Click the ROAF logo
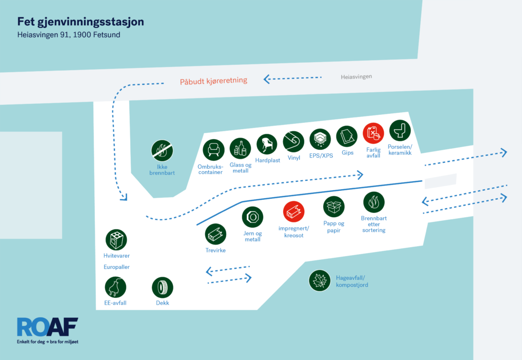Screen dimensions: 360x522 [47, 327]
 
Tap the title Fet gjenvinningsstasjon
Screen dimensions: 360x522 [81, 22]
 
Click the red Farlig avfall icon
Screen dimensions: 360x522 [373, 133]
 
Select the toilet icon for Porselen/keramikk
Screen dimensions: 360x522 [400, 130]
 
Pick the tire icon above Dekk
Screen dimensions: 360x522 [162, 287]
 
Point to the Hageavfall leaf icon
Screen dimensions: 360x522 [319, 280]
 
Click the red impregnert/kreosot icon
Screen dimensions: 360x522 [294, 212]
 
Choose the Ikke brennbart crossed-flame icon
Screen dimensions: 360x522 [162, 151]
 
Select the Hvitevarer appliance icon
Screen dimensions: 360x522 [116, 239]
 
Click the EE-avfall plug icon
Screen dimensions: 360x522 [115, 287]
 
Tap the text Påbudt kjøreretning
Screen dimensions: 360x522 [214, 81]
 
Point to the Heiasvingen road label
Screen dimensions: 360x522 [356, 76]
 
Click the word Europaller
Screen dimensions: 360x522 [117, 267]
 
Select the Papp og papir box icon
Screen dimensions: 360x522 [334, 207]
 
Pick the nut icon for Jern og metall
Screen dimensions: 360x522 [253, 217]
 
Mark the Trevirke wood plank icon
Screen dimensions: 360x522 [216, 234]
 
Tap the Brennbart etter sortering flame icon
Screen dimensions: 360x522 [374, 202]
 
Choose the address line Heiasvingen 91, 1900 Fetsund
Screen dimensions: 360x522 [72, 36]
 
